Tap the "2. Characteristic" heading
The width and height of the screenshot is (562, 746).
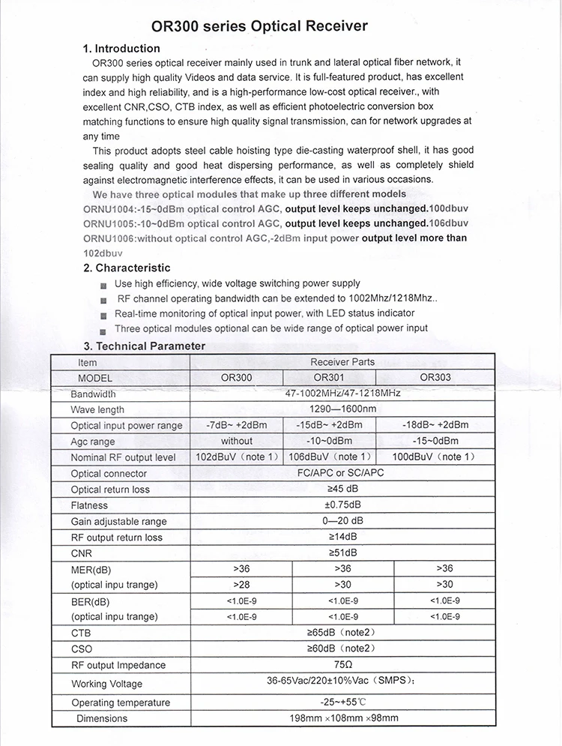tap(127, 268)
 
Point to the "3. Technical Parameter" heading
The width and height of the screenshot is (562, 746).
tap(144, 346)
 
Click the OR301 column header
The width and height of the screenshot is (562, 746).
tap(329, 378)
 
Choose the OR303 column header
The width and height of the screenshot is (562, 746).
tap(435, 378)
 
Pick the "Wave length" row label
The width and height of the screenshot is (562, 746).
tap(97, 410)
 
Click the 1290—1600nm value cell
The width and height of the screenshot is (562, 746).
tap(342, 409)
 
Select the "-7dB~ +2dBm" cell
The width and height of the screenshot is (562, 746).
tap(236, 425)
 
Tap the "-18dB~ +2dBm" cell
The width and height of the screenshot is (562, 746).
tap(435, 425)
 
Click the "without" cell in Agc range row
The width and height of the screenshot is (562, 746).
tap(237, 441)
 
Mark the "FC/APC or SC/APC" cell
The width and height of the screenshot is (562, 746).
tap(342, 473)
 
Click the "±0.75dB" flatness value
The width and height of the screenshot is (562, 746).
tap(342, 505)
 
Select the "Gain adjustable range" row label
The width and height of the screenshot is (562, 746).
tap(119, 522)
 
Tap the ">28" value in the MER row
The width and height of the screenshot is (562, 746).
tap(241, 584)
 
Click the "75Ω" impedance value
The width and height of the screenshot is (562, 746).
tap(342, 665)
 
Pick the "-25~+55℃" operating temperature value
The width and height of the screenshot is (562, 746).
tap(342, 703)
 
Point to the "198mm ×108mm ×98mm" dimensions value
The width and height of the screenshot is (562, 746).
tap(342, 718)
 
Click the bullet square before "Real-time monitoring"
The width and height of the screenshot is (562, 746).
tap(103, 315)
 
